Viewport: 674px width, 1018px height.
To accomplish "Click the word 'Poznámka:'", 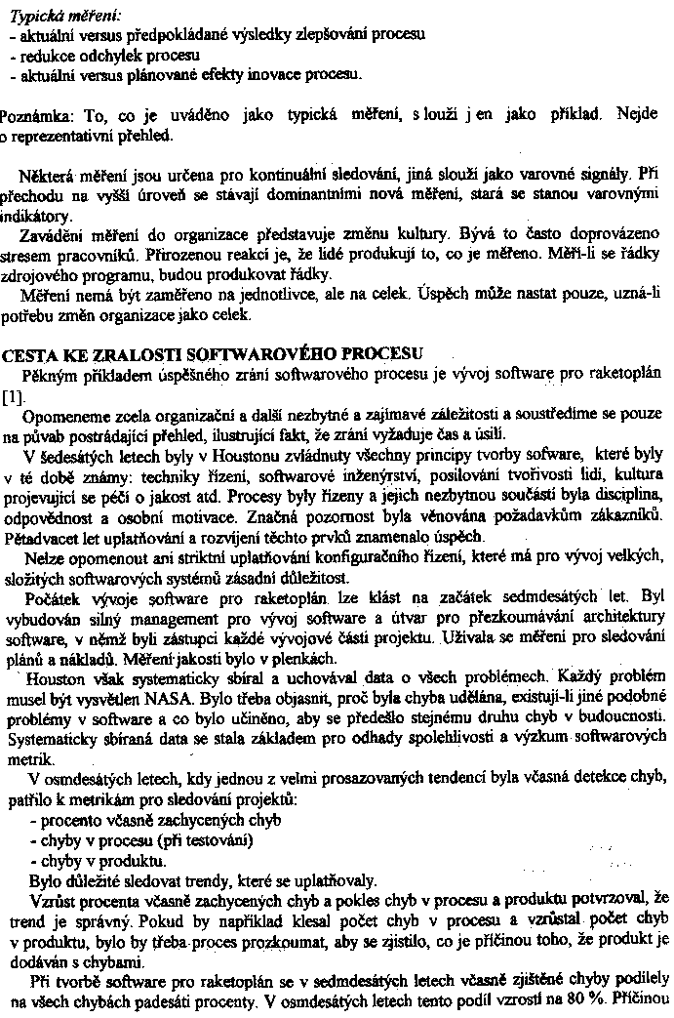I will tap(35, 115).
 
